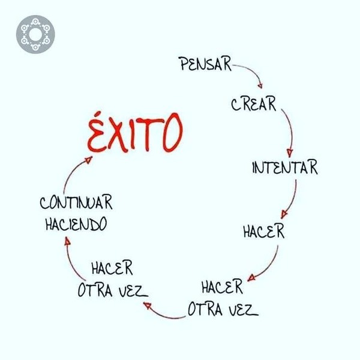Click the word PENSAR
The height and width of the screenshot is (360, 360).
pyautogui.click(x=205, y=64)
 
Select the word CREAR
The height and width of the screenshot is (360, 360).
pyautogui.click(x=253, y=104)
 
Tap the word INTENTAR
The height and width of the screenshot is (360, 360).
pyautogui.click(x=285, y=167)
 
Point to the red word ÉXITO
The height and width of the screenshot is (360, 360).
pyautogui.click(x=135, y=133)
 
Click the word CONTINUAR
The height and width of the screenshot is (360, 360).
pyautogui.click(x=76, y=202)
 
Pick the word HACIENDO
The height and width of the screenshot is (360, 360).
pyautogui.click(x=76, y=224)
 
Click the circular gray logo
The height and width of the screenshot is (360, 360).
pyautogui.click(x=35, y=34)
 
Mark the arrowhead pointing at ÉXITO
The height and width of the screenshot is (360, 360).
pyautogui.click(x=88, y=160)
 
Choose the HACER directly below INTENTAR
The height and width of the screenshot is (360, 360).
pyautogui.click(x=264, y=231)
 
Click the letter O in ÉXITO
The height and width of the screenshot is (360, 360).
pyautogui.click(x=173, y=133)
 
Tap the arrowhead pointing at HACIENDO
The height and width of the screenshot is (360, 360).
pyautogui.click(x=67, y=241)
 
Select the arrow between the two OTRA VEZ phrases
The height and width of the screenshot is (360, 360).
pyautogui.click(x=164, y=314)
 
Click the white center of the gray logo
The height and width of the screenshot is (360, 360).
pyautogui.click(x=35, y=34)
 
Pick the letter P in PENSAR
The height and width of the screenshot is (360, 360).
pyautogui.click(x=184, y=64)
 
